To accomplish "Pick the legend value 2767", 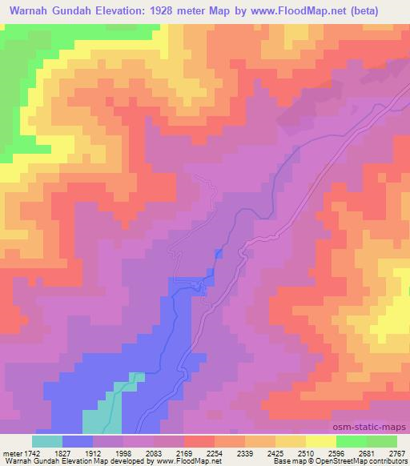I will pyautogui.click(x=397, y=452).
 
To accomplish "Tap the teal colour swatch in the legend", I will pyautogui.click(x=47, y=441).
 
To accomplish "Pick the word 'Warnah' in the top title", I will pyautogui.click(x=26, y=10).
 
